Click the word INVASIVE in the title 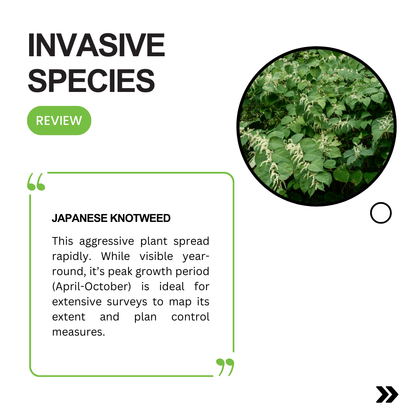tap(97, 45)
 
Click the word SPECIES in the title tap(92, 80)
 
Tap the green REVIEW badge tap(59, 121)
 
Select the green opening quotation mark tap(36, 182)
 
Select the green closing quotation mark tap(225, 367)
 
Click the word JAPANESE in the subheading tap(80, 218)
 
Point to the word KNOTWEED tap(140, 218)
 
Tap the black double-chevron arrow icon tap(387, 395)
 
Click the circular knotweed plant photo tap(317, 126)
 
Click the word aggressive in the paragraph tap(107, 241)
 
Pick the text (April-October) tap(92, 287)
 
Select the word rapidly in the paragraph tap(72, 256)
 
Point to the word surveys tap(127, 302)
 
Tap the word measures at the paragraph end tap(78, 332)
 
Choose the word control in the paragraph tap(190, 317)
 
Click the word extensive tap(77, 302)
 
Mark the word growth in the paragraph tap(154, 272)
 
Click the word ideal tap(172, 286)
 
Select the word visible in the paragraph tap(156, 256)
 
